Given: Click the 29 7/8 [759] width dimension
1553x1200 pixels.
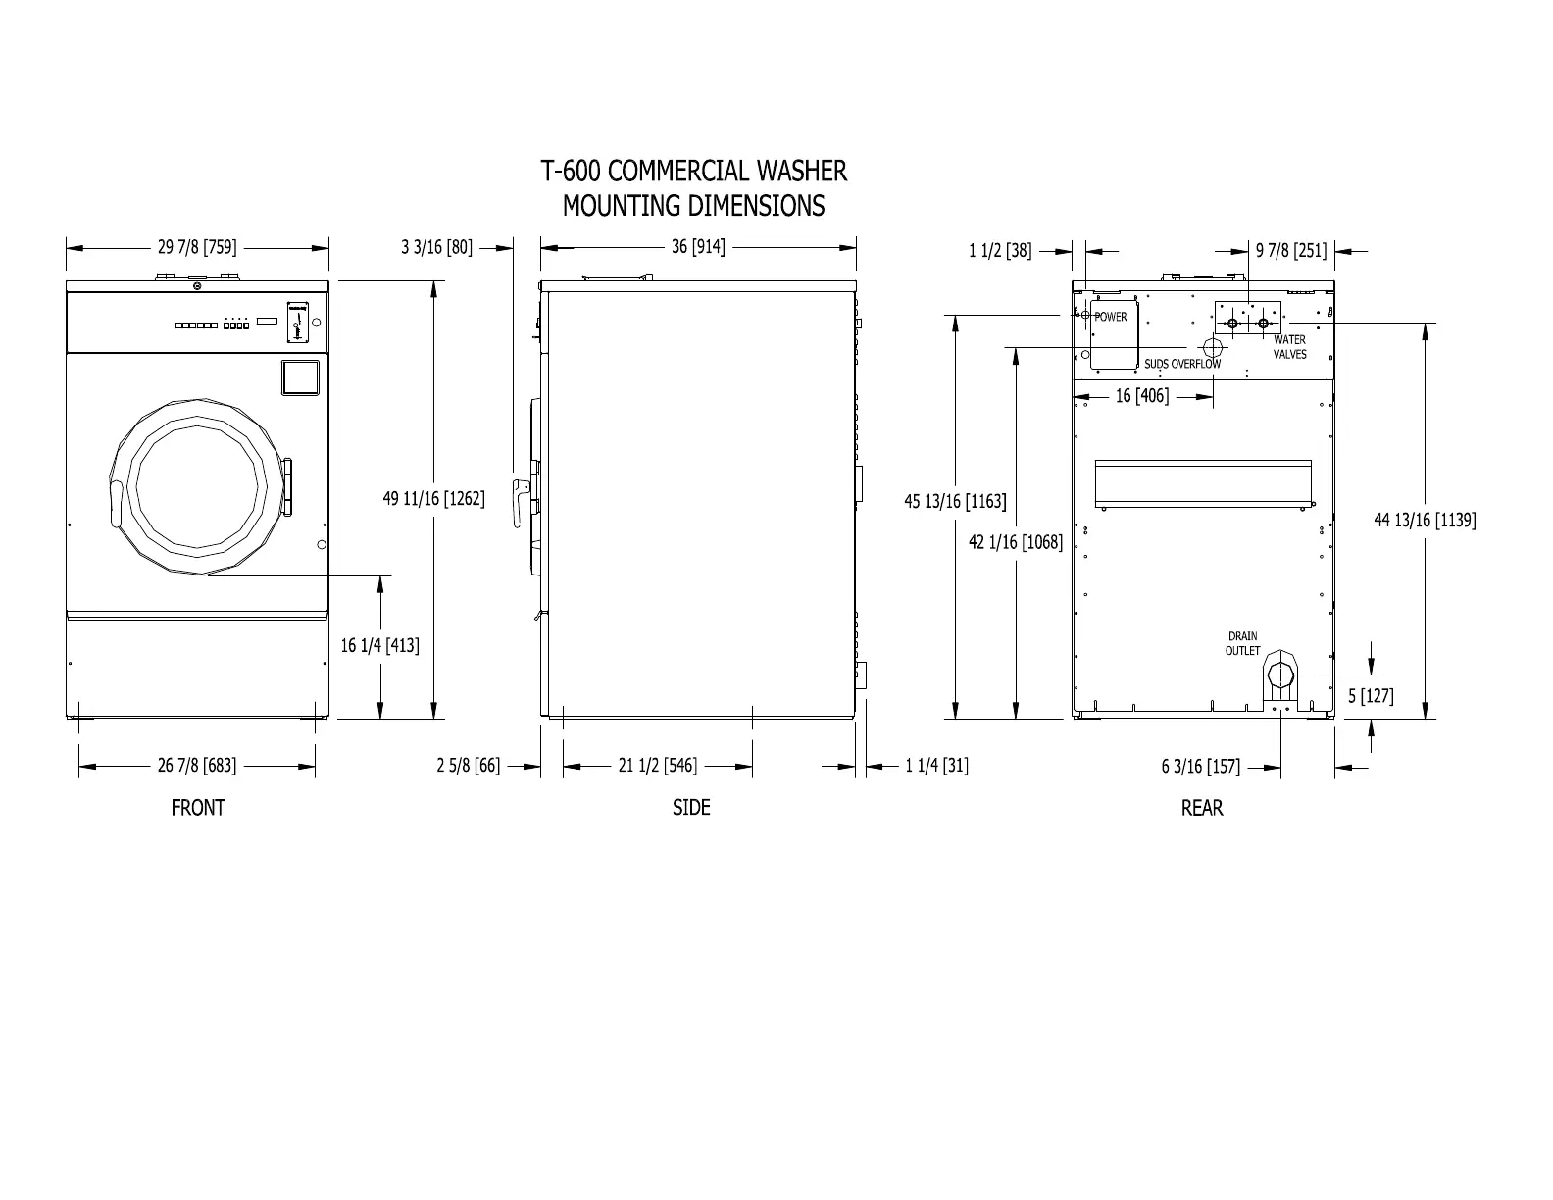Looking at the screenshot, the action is tap(197, 247).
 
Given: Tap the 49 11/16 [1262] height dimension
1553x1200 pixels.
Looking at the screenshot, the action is tap(433, 499).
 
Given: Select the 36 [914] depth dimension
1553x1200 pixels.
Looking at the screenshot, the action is tap(698, 247).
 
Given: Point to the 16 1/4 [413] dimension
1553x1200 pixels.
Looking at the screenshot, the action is tap(379, 645).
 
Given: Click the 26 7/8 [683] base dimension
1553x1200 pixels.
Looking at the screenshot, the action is tap(197, 766).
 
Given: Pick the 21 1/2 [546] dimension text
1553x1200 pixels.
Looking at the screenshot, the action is tap(658, 766).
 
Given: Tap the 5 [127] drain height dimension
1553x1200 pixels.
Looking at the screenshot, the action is tap(1371, 696).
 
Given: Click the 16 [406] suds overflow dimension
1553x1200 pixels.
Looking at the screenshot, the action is tap(1142, 396).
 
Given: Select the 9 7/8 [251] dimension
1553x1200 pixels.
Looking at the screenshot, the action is tap(1291, 251).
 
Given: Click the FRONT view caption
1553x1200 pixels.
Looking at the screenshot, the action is tap(198, 808).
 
